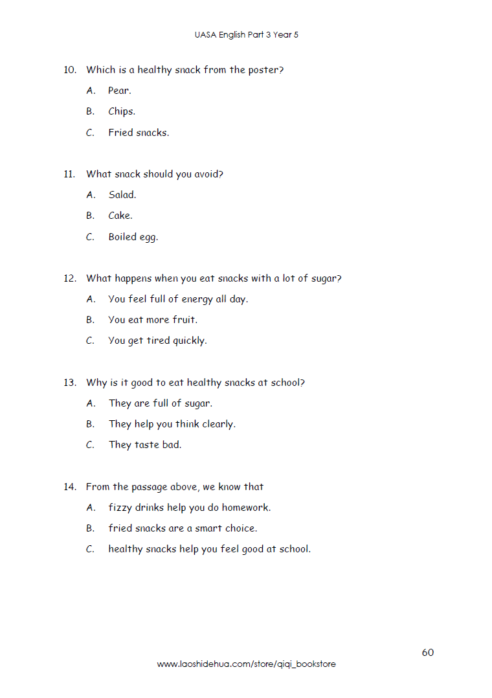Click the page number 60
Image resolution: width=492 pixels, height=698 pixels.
pyautogui.click(x=427, y=652)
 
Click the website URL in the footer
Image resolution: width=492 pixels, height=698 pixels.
pyautogui.click(x=246, y=664)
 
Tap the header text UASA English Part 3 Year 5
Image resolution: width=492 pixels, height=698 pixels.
pyautogui.click(x=246, y=35)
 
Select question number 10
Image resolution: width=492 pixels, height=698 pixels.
pyautogui.click(x=70, y=70)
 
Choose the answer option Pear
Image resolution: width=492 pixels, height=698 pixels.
pyautogui.click(x=119, y=91)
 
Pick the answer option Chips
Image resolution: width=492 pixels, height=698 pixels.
pyautogui.click(x=121, y=111)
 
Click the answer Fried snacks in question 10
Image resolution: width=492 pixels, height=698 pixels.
pyautogui.click(x=139, y=133)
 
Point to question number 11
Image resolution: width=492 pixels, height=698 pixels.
pyautogui.click(x=70, y=174)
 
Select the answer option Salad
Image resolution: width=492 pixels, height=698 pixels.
pyautogui.click(x=122, y=195)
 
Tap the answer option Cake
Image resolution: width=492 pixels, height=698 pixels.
pyautogui.click(x=120, y=216)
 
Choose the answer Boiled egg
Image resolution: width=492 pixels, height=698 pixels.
pyautogui.click(x=133, y=237)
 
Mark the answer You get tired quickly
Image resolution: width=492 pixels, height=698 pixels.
pyautogui.click(x=157, y=341)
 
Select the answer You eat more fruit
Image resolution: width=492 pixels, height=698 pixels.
pyautogui.click(x=153, y=320)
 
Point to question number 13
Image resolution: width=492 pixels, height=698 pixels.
pyautogui.click(x=70, y=383)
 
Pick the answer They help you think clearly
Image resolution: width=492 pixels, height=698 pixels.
pyautogui.click(x=172, y=424)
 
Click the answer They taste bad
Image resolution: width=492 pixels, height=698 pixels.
pyautogui.click(x=145, y=445)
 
